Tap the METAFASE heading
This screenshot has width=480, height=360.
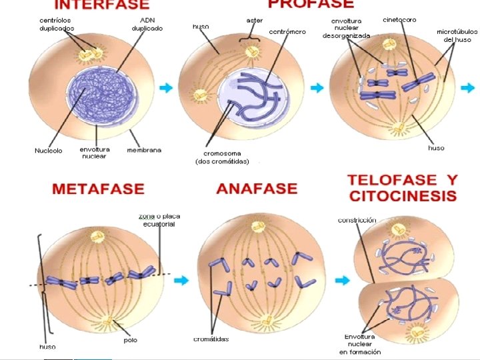click(x=98, y=189)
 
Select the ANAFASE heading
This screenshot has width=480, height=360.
click(x=256, y=189)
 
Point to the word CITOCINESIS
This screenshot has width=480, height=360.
click(x=402, y=196)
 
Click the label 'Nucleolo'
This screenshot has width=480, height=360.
click(x=48, y=151)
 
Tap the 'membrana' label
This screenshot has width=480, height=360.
click(x=144, y=150)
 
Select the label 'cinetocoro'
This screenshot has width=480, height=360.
click(x=399, y=20)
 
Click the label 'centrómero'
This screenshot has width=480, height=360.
click(x=287, y=31)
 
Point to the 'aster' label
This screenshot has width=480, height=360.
click(x=255, y=21)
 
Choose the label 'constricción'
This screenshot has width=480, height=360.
click(x=357, y=220)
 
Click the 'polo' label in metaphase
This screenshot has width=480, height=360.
click(x=131, y=340)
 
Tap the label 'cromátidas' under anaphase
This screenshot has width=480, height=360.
click(x=211, y=339)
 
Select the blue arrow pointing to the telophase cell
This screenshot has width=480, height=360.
click(x=342, y=281)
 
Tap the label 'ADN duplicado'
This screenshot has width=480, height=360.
click(x=147, y=25)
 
